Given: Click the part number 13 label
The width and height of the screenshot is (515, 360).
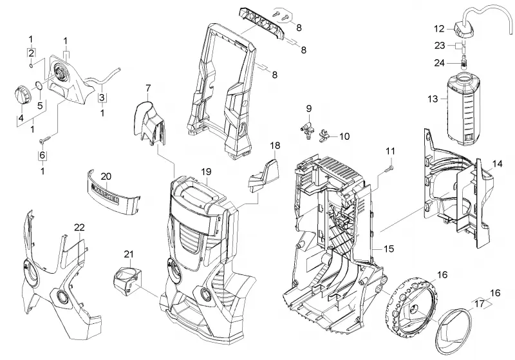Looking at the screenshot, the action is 433,99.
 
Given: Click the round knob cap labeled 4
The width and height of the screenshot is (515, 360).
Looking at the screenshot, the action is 23,94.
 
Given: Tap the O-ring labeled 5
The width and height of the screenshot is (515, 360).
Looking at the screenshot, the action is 39,86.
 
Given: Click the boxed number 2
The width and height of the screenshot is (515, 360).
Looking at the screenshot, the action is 31,53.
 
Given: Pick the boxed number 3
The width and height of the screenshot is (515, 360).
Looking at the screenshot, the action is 102,97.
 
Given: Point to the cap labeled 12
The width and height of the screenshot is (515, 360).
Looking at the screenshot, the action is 464,30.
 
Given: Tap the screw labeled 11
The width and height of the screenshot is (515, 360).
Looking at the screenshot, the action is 390,169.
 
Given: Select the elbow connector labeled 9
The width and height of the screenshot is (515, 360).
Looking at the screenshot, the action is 306,128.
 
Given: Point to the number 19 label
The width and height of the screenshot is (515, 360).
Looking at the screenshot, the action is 207,172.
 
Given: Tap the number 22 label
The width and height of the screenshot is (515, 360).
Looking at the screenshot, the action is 79,227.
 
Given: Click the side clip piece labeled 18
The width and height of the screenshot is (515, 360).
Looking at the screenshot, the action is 264,176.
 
